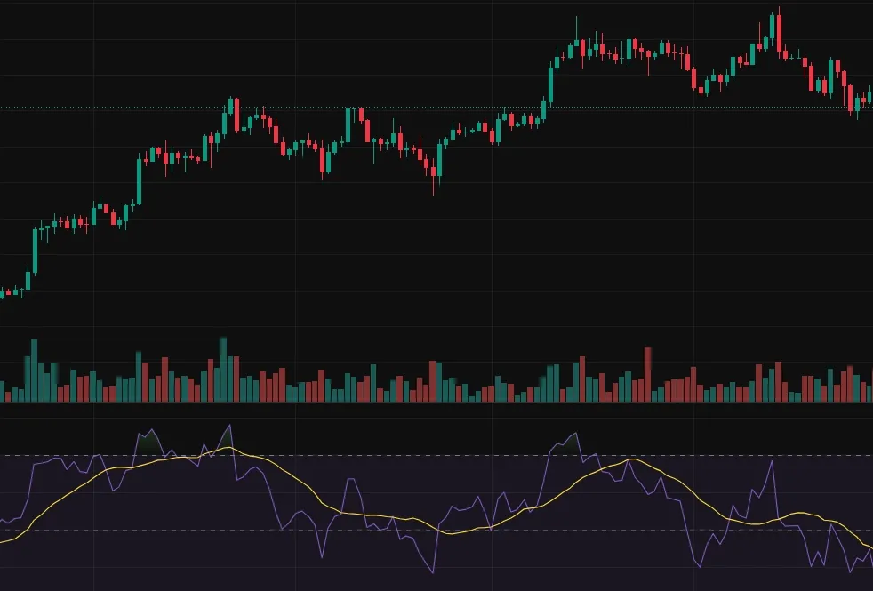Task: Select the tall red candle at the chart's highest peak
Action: pos(780,33)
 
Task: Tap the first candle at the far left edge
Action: pos(3,292)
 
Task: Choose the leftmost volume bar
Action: pos(3,392)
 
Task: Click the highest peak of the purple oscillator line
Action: pos(229,426)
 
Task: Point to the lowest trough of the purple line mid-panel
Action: pos(434,571)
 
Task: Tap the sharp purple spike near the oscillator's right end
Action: pos(771,461)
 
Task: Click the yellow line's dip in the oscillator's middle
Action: pos(451,533)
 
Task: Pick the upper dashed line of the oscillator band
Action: pos(445,455)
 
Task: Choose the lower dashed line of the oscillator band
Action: pos(445,530)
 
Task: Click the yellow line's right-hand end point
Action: pos(870,547)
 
